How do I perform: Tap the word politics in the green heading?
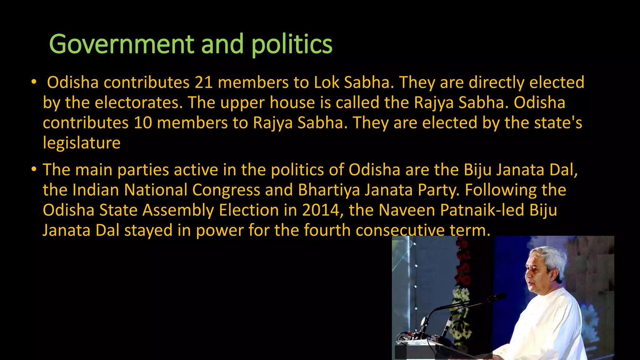coord(292,44)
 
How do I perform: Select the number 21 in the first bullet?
coord(204,82)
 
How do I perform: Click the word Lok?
coord(326,82)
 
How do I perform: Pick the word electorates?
coord(138,102)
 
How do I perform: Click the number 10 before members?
coord(143,122)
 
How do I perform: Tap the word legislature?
coord(82,143)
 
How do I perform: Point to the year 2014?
coord(321,210)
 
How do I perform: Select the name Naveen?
coord(407,210)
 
